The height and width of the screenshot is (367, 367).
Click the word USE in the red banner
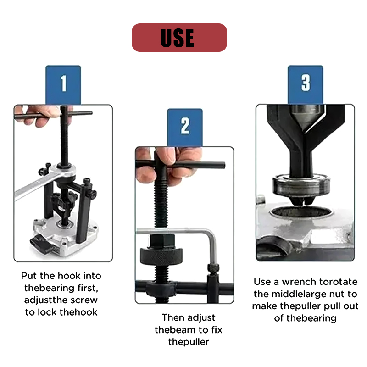coord(177,38)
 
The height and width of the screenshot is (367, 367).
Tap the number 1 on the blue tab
coord(64,83)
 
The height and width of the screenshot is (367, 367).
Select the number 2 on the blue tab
coord(185,126)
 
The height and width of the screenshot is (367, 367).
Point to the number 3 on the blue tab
coord(306,83)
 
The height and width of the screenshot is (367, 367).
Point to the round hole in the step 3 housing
coord(301,212)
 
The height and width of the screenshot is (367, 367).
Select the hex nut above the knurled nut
coord(162,241)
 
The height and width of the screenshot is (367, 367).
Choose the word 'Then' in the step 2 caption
coord(173,317)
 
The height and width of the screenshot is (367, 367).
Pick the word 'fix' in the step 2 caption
coord(217,330)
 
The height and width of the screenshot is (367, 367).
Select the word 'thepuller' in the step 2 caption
coord(189,342)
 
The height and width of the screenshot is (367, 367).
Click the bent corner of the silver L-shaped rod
coord(212,234)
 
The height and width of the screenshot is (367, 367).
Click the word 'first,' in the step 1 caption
coord(88,288)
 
